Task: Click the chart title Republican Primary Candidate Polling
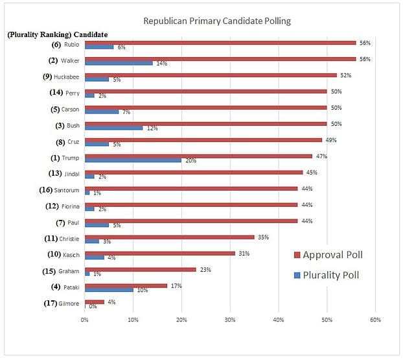(x=216, y=21)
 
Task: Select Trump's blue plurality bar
(x=133, y=160)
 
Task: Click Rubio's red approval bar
(x=220, y=43)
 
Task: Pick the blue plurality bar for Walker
(x=119, y=63)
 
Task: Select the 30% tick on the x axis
(x=230, y=319)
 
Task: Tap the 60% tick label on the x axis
(x=375, y=319)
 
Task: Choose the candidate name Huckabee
(x=67, y=77)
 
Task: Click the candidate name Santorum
(x=67, y=190)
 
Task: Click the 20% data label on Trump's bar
(x=191, y=161)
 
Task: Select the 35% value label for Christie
(x=264, y=237)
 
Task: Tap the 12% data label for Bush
(x=152, y=128)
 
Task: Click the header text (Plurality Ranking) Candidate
(x=58, y=34)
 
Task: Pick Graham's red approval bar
(x=140, y=269)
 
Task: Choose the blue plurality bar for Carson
(x=102, y=112)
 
